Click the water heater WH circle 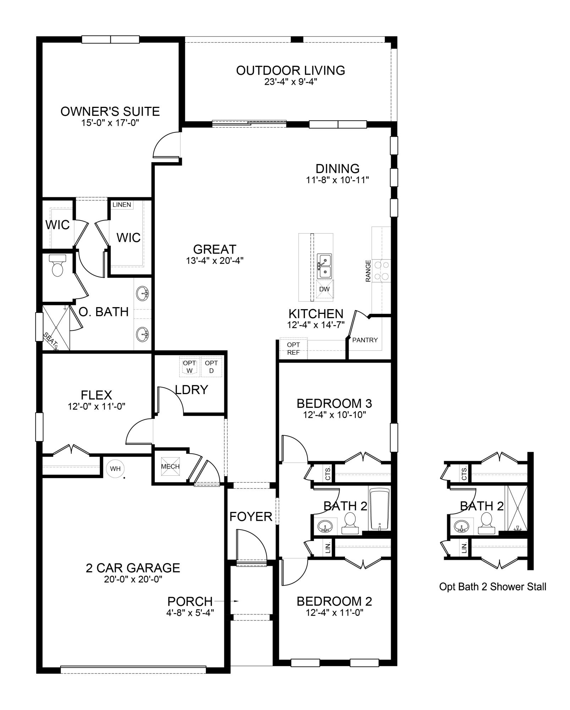click(x=115, y=469)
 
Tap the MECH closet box click(x=170, y=466)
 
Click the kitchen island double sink click(x=324, y=266)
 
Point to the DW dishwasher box click(x=324, y=289)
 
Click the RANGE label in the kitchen click(x=368, y=271)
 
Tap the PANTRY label click(x=365, y=340)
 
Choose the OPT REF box click(x=293, y=348)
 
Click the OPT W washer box click(x=190, y=367)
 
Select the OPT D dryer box click(x=211, y=367)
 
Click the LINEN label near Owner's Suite click(x=122, y=204)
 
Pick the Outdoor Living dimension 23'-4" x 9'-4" click(x=290, y=82)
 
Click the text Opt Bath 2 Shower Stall click(x=492, y=587)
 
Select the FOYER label click(x=251, y=517)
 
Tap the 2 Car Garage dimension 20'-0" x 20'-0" click(x=133, y=579)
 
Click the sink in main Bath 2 click(x=325, y=526)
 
